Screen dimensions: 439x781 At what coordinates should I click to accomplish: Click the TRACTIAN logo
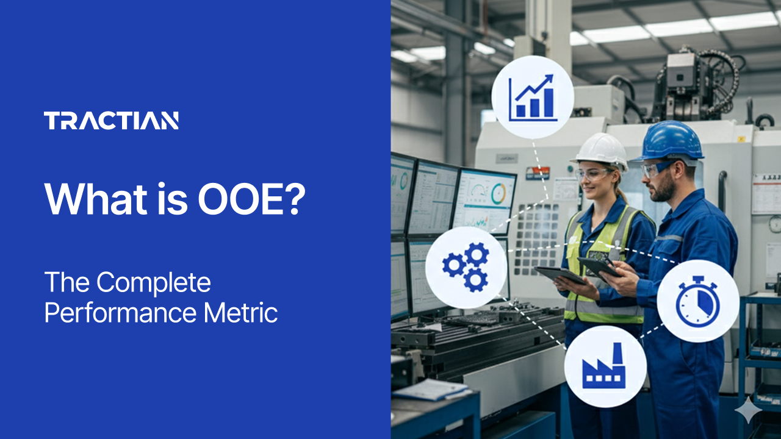pos(111,121)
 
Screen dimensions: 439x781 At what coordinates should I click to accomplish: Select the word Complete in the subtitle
pos(154,283)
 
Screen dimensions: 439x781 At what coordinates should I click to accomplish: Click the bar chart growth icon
pos(533,97)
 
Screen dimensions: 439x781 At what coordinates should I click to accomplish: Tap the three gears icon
pos(466,267)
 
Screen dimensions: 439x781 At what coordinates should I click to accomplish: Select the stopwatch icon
pos(698,301)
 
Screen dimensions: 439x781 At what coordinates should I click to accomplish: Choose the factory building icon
pos(605,366)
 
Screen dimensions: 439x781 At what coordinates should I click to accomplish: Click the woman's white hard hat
pos(602,149)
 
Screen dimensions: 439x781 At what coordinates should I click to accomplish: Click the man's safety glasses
pos(656,168)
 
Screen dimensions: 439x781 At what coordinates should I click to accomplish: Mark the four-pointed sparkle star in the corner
pos(747,412)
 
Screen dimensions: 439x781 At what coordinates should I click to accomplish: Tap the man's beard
pos(667,189)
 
